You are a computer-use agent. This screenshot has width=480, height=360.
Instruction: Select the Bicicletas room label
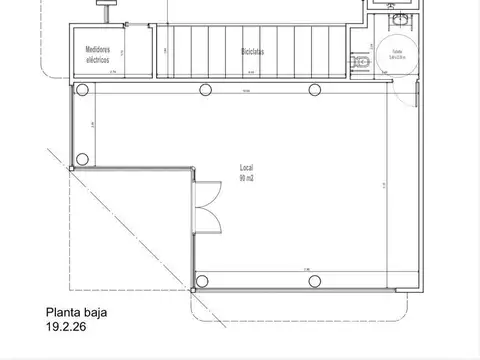(x=253, y=51)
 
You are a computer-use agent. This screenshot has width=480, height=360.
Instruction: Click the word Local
(x=246, y=167)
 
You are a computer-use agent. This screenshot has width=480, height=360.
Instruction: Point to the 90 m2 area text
(x=246, y=177)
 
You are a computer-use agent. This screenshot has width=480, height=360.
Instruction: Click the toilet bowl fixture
(x=359, y=62)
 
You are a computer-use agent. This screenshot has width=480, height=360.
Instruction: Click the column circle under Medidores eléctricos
(x=86, y=90)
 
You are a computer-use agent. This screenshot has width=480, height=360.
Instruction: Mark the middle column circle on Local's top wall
(x=205, y=90)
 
